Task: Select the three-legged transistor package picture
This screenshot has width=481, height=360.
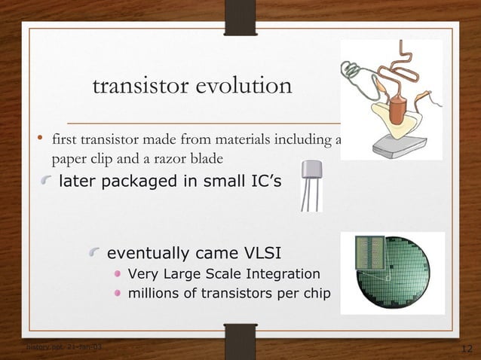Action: [x=311, y=185]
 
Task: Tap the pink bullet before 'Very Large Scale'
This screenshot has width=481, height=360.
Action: [x=118, y=273]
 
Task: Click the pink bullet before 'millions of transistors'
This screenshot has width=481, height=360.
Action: [x=118, y=293]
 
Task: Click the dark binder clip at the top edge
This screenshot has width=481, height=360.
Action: [x=240, y=16]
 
